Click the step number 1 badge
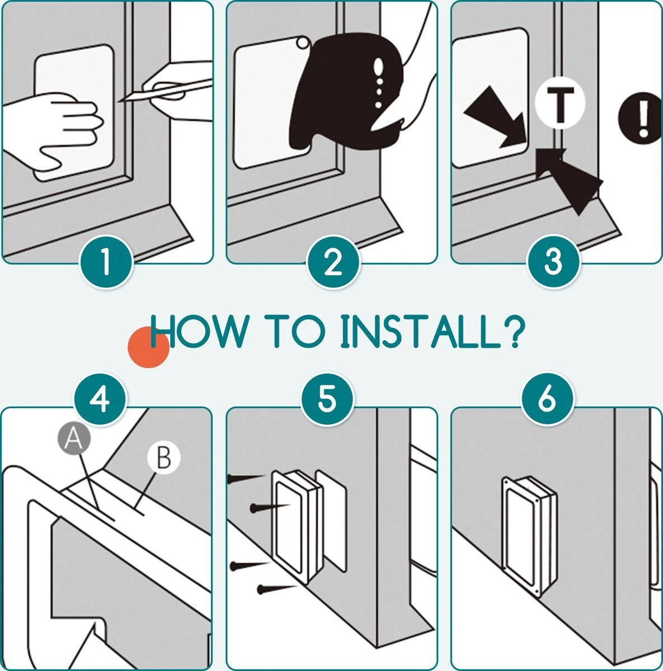click(x=106, y=262)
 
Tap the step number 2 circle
click(x=333, y=262)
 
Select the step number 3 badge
click(x=553, y=262)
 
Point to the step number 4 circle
click(x=100, y=399)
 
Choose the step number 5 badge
click(x=327, y=399)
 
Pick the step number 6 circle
click(x=547, y=399)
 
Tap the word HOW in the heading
click(x=198, y=331)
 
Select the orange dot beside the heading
click(x=148, y=347)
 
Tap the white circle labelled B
click(x=164, y=457)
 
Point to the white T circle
click(x=560, y=103)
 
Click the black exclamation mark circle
click(x=641, y=117)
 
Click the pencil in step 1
click(x=166, y=91)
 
